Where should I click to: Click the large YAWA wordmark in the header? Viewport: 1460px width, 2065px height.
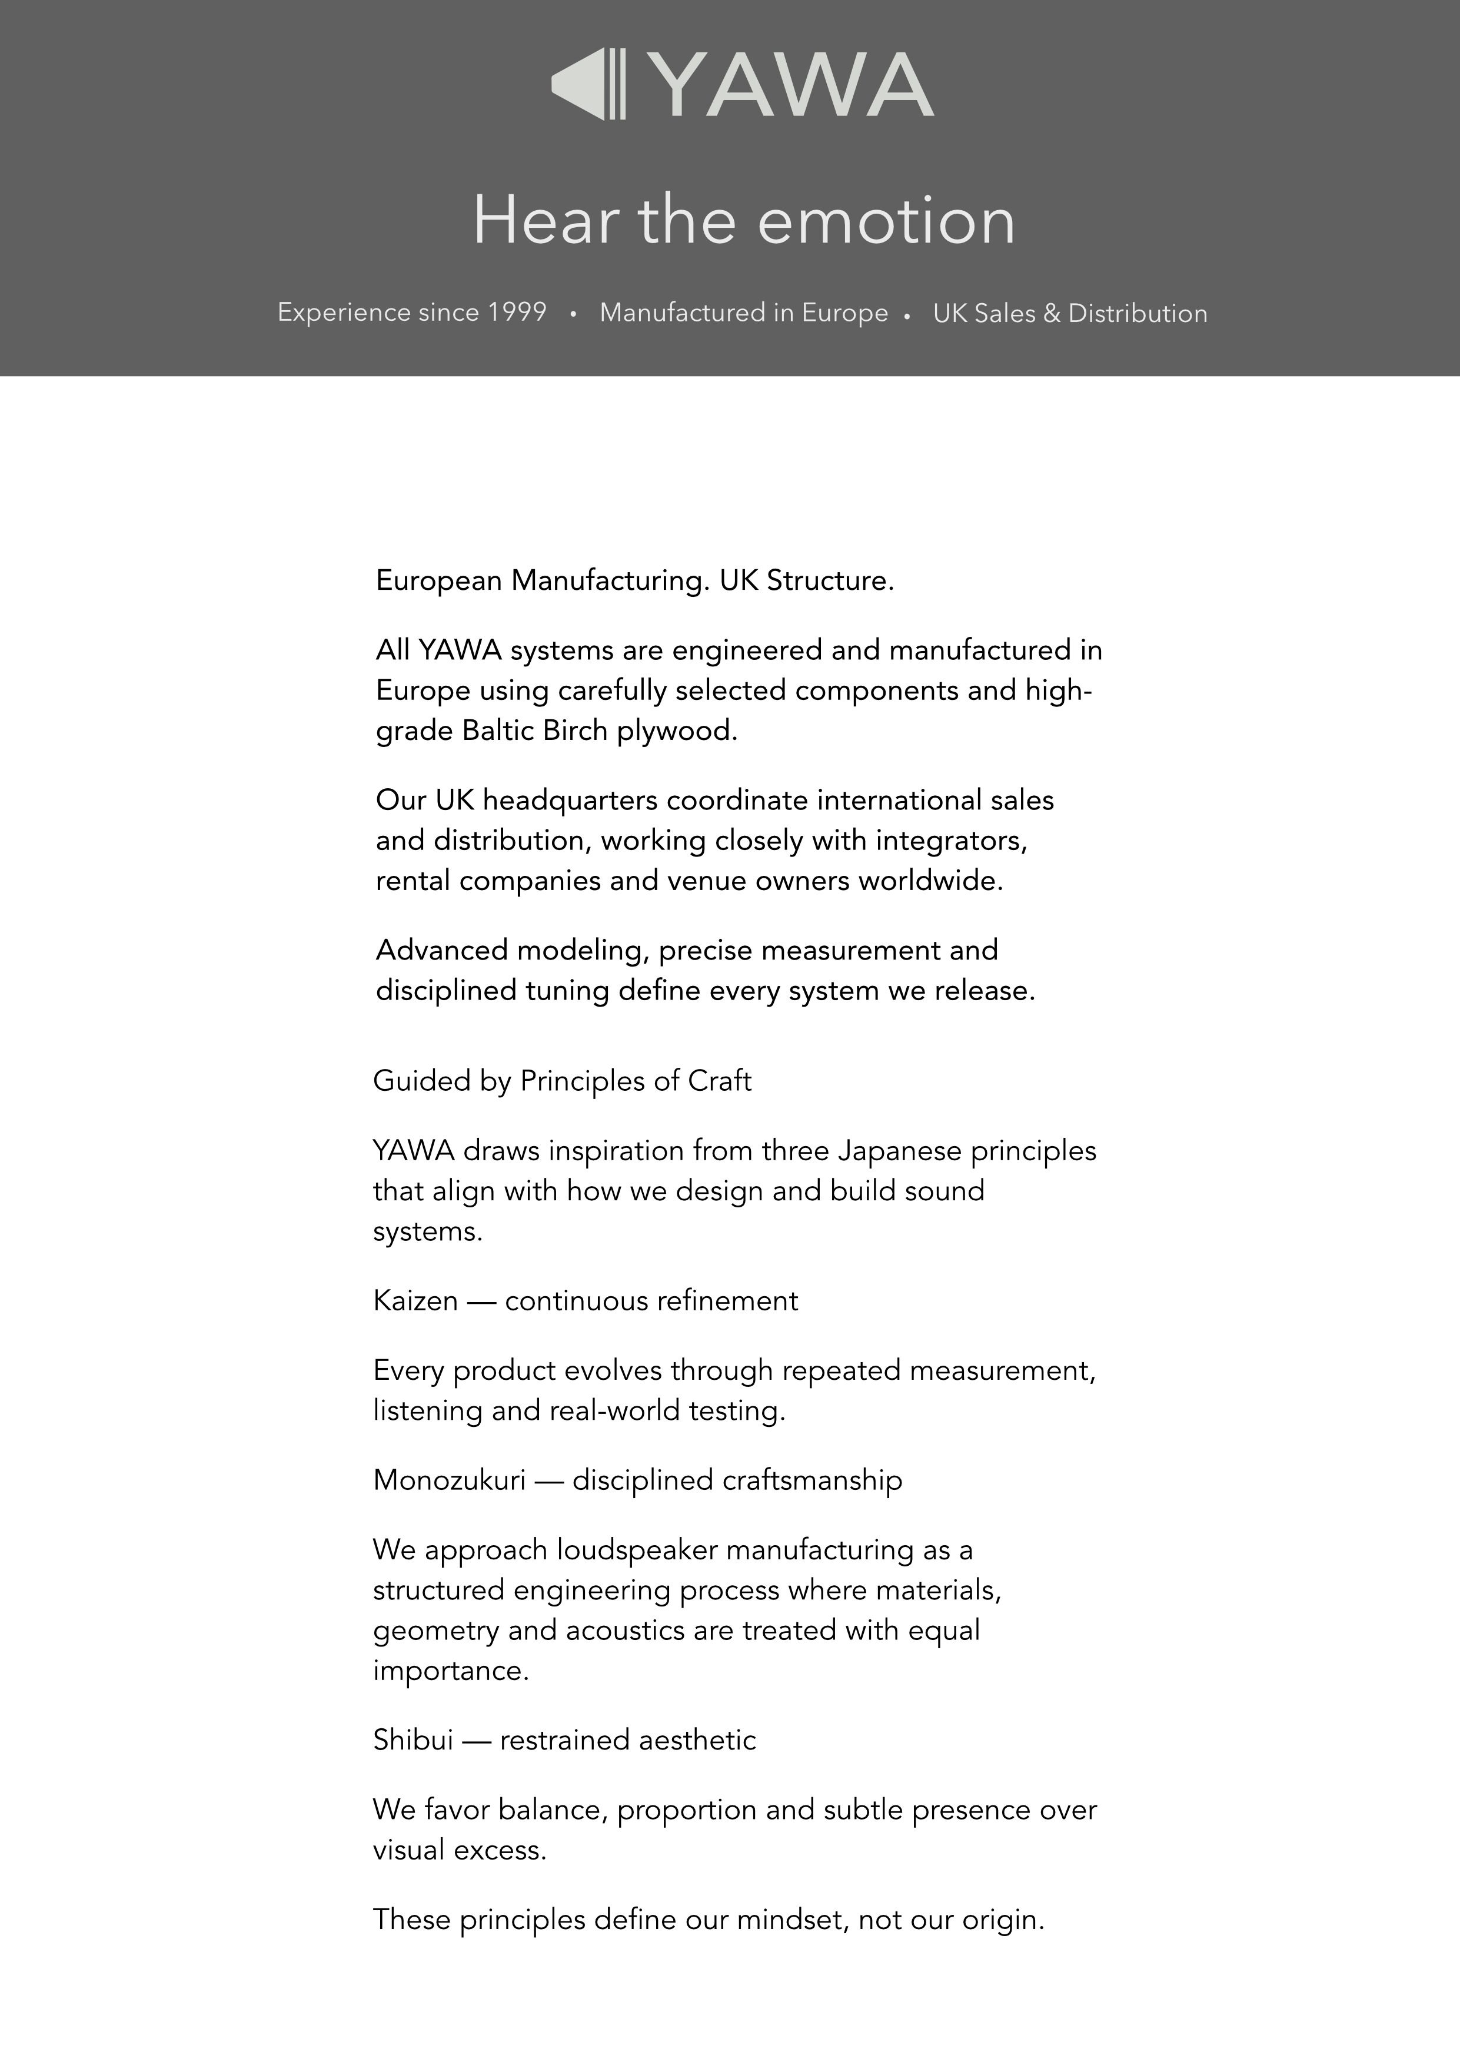point(792,85)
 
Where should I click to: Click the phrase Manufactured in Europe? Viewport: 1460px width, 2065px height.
point(743,313)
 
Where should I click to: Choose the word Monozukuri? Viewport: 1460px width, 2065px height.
point(448,1480)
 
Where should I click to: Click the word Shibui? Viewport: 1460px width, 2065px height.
point(413,1740)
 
